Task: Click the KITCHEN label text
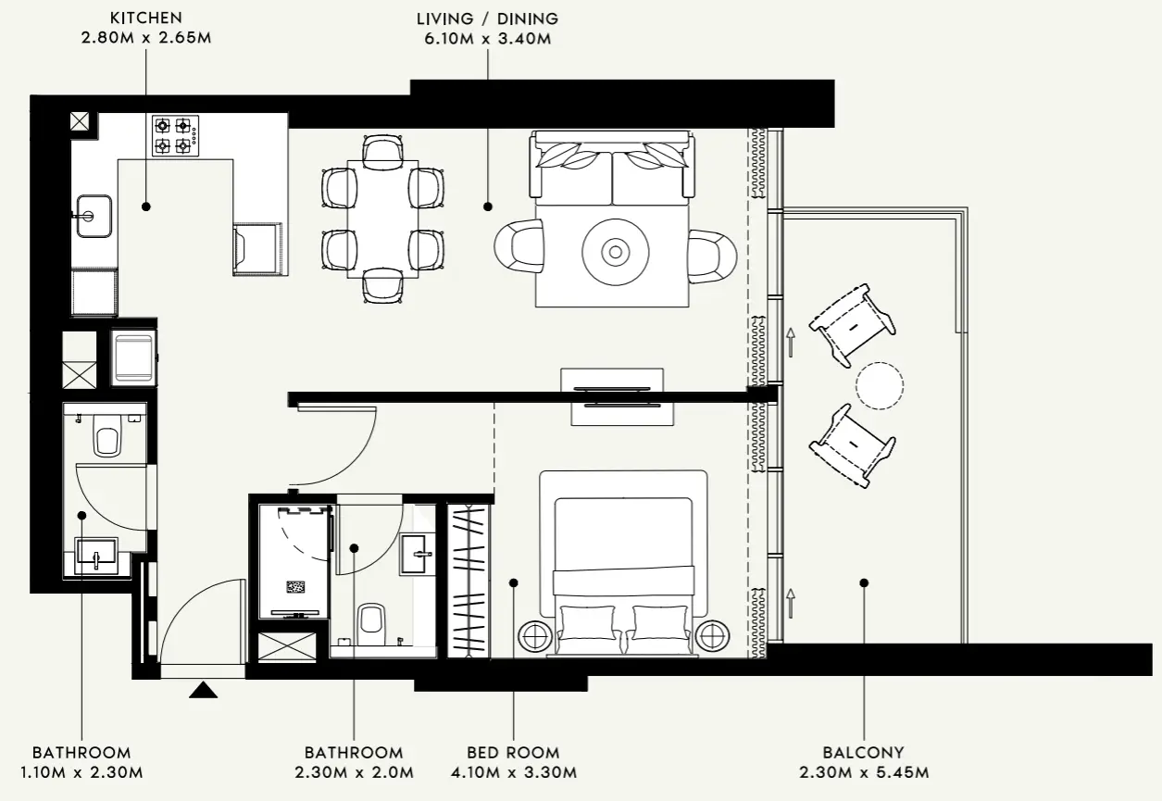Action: coord(145,18)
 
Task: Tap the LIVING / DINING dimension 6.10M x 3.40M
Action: coord(487,39)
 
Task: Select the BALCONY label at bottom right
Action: coord(863,753)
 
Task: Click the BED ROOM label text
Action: coord(513,753)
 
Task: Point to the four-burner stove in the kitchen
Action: coord(176,135)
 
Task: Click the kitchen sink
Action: coord(94,216)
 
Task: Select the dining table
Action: coord(383,219)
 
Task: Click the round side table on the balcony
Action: coord(880,384)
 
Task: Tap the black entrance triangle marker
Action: coord(203,690)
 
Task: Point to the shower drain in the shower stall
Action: coord(296,586)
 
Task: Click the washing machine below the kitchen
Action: coord(132,357)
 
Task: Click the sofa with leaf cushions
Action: coord(611,167)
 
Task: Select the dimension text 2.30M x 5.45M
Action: coord(863,772)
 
